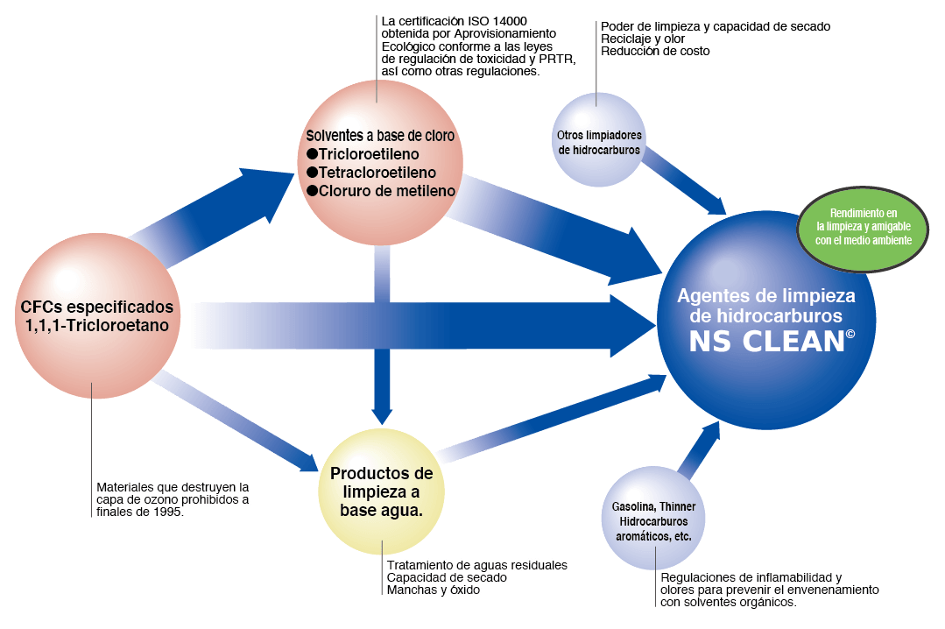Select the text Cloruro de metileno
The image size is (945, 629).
(386, 190)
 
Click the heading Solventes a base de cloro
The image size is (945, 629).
(380, 137)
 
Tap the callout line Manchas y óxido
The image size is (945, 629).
(434, 590)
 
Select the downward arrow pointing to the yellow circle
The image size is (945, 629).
(380, 385)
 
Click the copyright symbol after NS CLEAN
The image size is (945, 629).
(850, 334)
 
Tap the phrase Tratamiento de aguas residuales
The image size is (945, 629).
(476, 566)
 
